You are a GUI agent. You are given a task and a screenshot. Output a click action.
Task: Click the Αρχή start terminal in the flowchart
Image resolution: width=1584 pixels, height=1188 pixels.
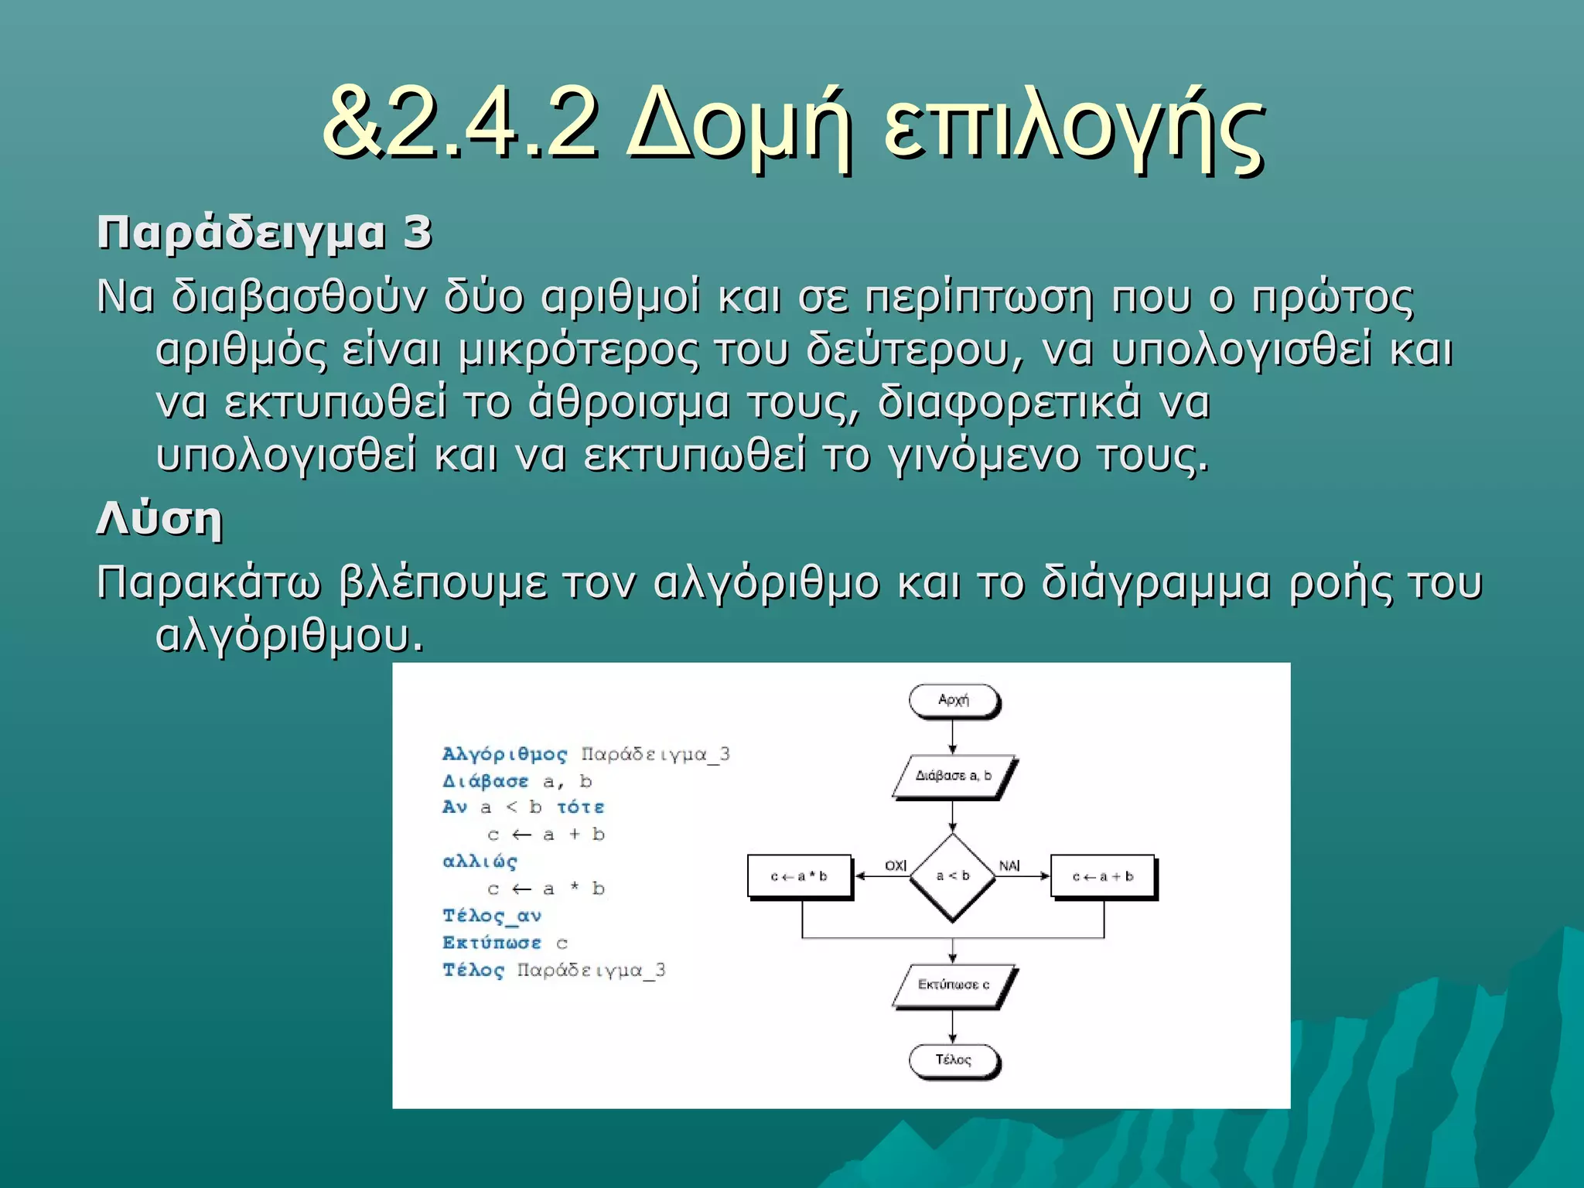953,700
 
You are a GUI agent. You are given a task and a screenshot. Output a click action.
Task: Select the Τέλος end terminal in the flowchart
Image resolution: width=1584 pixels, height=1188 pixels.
953,1060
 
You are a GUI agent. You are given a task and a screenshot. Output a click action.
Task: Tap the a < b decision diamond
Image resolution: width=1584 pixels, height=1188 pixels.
952,876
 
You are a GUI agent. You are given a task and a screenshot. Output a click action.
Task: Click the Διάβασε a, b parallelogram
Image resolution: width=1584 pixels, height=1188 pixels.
952,776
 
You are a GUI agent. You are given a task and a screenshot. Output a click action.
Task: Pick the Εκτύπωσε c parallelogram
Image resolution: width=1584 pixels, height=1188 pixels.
953,985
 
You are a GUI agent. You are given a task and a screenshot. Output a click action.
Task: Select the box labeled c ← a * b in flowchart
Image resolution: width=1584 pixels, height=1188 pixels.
799,876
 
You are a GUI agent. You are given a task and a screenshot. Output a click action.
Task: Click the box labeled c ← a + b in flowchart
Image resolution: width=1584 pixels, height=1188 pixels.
1102,876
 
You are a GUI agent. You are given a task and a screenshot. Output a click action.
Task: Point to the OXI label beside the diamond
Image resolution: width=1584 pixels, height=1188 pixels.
896,865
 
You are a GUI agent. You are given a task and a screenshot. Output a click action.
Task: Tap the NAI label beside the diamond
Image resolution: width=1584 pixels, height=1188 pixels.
1009,865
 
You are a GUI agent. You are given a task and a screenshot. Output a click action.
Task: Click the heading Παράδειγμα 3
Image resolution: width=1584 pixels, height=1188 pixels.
264,232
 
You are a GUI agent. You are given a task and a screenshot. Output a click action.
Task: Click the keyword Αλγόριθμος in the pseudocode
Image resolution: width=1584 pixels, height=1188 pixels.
504,754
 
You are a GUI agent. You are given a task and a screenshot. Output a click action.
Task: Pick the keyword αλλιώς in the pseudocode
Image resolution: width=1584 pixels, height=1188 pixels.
480,861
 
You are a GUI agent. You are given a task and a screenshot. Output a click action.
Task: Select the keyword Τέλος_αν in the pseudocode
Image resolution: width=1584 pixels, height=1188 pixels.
492,916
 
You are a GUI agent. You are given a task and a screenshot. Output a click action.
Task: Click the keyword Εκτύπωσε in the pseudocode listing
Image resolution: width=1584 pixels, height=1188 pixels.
492,943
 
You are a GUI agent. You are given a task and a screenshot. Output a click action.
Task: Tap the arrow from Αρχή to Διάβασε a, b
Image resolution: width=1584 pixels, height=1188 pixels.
952,736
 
